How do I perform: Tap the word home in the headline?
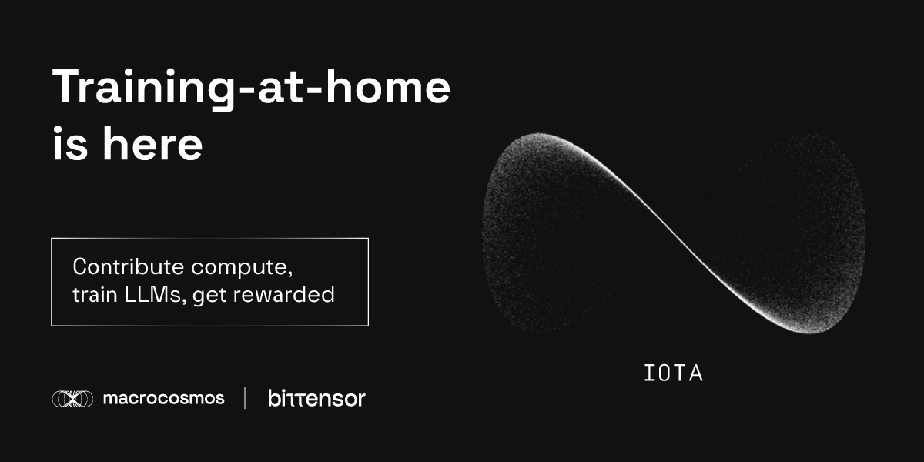[388, 86]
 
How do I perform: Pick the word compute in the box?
[239, 269]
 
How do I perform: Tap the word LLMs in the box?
[152, 295]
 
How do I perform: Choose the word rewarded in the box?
[284, 294]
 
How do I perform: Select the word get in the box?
[209, 296]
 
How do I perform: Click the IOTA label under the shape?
[673, 373]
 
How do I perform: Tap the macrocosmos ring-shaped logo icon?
[72, 399]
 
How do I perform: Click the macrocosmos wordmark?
[164, 399]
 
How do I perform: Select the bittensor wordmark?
[316, 398]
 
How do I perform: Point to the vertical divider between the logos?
[245, 398]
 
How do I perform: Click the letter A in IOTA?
[695, 373]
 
